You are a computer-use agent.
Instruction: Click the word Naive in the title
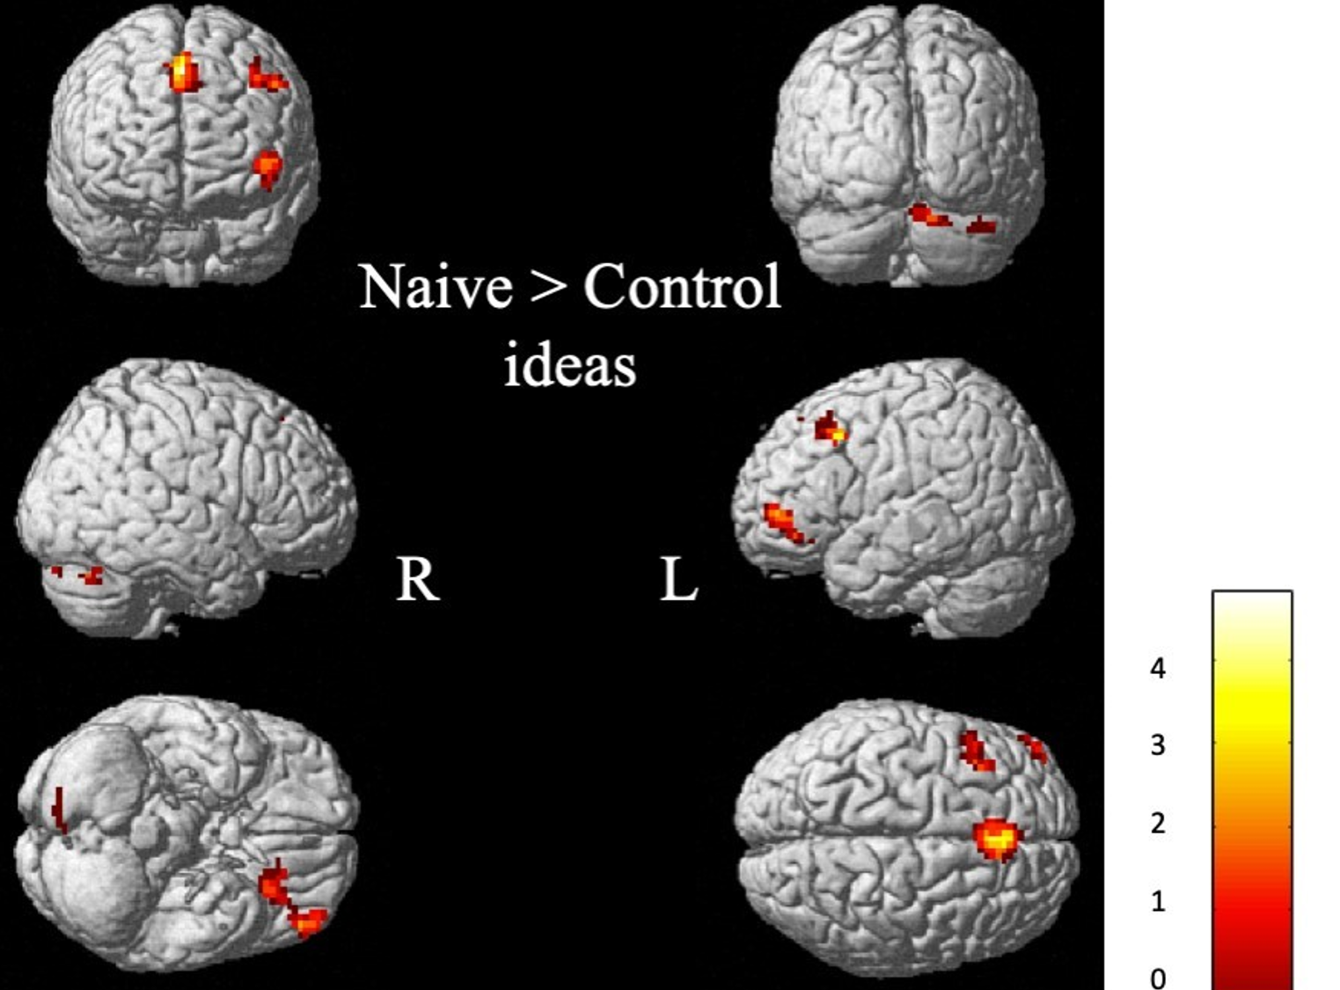pos(436,287)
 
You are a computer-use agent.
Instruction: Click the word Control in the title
pos(682,287)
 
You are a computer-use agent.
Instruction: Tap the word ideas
pos(569,364)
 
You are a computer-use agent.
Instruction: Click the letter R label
pos(417,579)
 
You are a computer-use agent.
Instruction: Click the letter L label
pos(678,581)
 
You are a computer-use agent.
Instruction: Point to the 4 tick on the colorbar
pos(1158,669)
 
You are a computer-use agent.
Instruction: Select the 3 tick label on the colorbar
pos(1158,745)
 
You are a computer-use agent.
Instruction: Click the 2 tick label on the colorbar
pos(1158,824)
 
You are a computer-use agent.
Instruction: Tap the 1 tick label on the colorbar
pos(1158,901)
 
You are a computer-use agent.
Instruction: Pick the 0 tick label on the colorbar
pos(1158,977)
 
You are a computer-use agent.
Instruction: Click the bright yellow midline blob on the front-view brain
pos(181,72)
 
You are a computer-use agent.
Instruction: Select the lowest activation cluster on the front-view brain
pos(267,167)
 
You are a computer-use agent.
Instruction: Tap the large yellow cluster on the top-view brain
pos(997,839)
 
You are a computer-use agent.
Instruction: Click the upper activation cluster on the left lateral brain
pos(830,429)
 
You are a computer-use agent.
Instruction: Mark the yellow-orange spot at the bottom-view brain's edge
pos(308,921)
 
